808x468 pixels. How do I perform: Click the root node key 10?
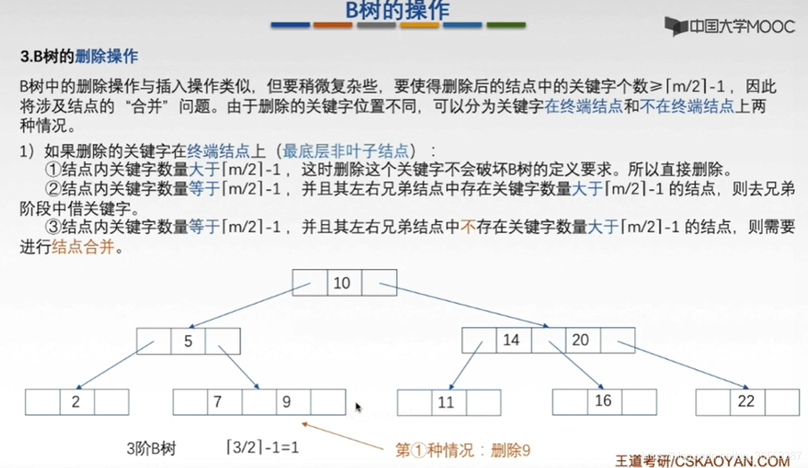tap(342, 283)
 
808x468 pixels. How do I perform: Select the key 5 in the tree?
tap(188, 342)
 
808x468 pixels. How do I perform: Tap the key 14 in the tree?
tap(511, 340)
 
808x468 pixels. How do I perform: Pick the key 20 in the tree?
tap(580, 340)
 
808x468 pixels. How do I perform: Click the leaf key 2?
tap(76, 402)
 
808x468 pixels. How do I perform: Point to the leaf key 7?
tap(218, 402)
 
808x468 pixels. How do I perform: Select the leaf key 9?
tap(287, 402)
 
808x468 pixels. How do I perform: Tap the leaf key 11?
tap(446, 402)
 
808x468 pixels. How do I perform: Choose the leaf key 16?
tap(603, 401)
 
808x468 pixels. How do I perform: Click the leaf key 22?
tap(746, 401)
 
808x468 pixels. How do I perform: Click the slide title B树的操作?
tap(397, 11)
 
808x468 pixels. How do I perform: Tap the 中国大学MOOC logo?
tap(729, 27)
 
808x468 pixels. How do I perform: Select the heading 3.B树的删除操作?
tap(79, 57)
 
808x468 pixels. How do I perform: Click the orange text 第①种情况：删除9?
tap(462, 450)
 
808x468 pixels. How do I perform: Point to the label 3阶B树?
tap(151, 449)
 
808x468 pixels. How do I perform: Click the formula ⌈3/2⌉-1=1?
tap(262, 449)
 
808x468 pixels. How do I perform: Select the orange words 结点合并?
tap(83, 249)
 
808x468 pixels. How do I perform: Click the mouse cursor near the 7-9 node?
tap(358, 408)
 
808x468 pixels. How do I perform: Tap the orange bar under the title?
tap(333, 26)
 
